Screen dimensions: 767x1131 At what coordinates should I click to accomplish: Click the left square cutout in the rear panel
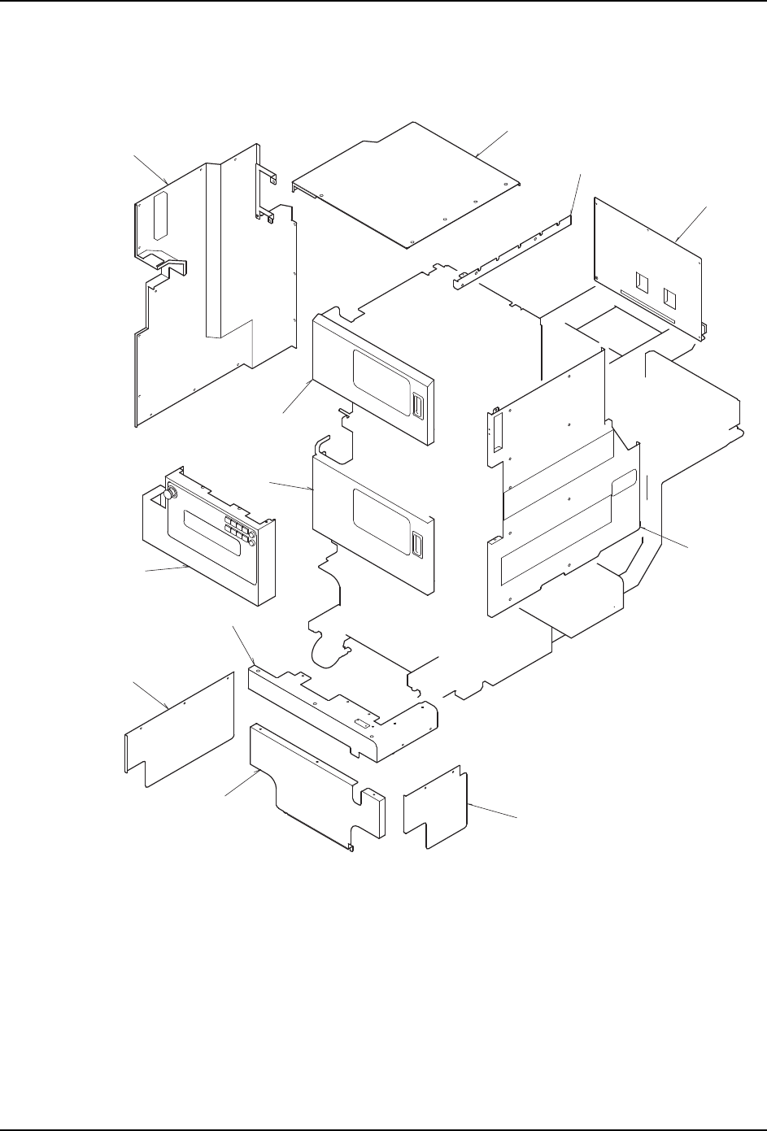tap(643, 284)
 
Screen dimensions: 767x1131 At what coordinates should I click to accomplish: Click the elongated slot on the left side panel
tap(159, 215)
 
